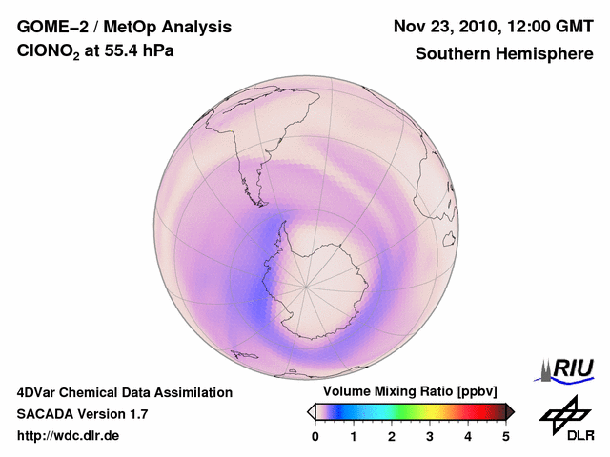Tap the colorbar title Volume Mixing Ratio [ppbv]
coord(411,392)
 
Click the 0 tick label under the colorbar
coord(315,436)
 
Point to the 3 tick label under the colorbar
coord(430,436)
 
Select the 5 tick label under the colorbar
coord(506,436)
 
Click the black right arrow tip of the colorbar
coord(510,411)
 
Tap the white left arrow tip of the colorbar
coord(312,411)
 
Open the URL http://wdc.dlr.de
coord(69,436)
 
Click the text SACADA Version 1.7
coord(82,414)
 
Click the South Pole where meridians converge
coord(306,285)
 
